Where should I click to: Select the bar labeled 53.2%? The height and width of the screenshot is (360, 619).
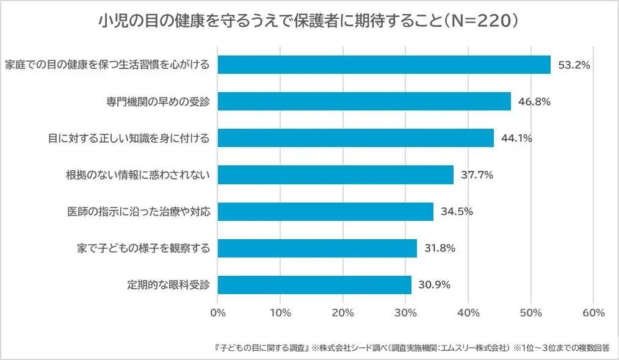pos(384,65)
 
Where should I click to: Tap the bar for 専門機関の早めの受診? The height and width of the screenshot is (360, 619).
pos(364,101)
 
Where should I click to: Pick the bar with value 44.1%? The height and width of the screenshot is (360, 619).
pos(355,138)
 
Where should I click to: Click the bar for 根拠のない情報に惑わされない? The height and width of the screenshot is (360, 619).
pos(336,175)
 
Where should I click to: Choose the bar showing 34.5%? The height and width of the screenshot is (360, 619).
pos(325,212)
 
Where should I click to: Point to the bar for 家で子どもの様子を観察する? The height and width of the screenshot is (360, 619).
pos(317,248)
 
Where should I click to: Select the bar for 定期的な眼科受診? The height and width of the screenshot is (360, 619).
pos(314,285)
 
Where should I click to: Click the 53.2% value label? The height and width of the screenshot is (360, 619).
pos(574,65)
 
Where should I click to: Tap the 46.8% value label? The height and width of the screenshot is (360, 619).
pos(534,101)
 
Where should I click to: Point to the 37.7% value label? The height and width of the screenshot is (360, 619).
pos(477,175)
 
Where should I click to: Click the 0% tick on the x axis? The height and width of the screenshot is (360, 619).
pos(218,313)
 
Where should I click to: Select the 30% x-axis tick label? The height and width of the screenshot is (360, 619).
pos(405,313)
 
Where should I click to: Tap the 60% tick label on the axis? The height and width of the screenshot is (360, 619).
pos(593,313)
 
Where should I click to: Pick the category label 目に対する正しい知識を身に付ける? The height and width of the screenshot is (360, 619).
pos(129,139)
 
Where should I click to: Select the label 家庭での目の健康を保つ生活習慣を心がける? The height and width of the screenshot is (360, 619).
pos(107,65)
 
